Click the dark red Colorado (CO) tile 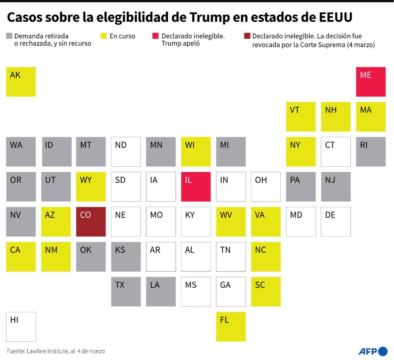coord(91,222)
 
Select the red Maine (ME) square coord(371,82)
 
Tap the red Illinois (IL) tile coord(196,186)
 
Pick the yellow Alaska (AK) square coord(21,82)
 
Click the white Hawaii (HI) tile coord(21,326)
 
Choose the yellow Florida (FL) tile coord(231,326)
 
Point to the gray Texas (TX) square coord(126,292)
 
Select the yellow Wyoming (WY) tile coord(91,186)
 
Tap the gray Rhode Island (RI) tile coord(371,152)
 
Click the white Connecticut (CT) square coord(336,152)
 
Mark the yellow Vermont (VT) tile coord(301,116)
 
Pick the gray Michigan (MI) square coord(231,152)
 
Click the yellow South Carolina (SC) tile coord(266,292)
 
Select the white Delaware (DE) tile coord(336,222)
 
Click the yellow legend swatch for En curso coord(103,36)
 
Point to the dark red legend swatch coord(247,36)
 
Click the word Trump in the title coord(210,17)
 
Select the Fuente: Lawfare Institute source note coord(56,351)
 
